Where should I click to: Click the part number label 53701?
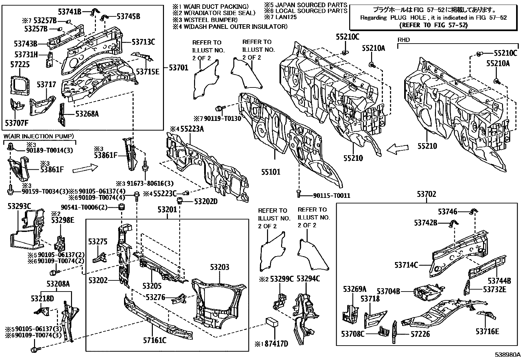pyautogui.click(x=179, y=68)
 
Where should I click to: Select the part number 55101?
pyautogui.click(x=270, y=172)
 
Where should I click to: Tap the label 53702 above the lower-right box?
pyautogui.click(x=426, y=195)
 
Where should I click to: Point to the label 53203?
pyautogui.click(x=220, y=267)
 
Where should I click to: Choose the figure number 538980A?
pyautogui.click(x=507, y=354)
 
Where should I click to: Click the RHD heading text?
pyautogui.click(x=404, y=40)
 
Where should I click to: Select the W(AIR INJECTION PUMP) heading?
pyautogui.click(x=39, y=136)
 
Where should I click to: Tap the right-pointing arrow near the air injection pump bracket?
pyautogui.click(x=85, y=169)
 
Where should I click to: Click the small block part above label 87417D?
pyautogui.click(x=272, y=321)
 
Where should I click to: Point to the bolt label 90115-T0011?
pyautogui.click(x=332, y=196)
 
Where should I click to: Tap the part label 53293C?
pyautogui.click(x=19, y=206)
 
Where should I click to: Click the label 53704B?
pyautogui.click(x=388, y=291)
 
